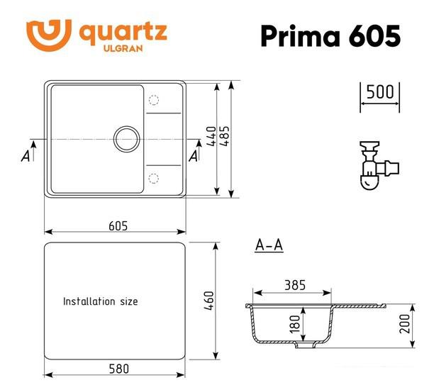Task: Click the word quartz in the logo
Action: [x=122, y=32]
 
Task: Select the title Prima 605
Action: [x=330, y=35]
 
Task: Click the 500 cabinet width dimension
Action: [x=380, y=92]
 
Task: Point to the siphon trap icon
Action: [x=377, y=165]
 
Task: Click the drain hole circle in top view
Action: [x=127, y=138]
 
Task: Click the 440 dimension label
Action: [x=211, y=136]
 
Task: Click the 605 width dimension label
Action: [x=118, y=225]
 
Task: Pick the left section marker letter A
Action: [x=26, y=155]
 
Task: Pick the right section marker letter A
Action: [x=194, y=155]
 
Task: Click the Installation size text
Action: [x=101, y=301]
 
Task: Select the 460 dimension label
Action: [x=208, y=301]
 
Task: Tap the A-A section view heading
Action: [x=269, y=245]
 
